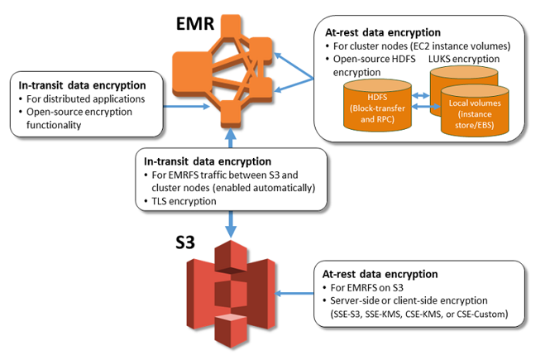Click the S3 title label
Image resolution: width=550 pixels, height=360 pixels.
pos(193,244)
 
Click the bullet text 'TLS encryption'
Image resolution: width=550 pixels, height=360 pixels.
pos(178,201)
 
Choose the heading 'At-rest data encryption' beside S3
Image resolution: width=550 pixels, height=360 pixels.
pos(381,274)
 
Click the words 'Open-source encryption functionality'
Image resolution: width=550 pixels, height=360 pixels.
pos(83,117)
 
